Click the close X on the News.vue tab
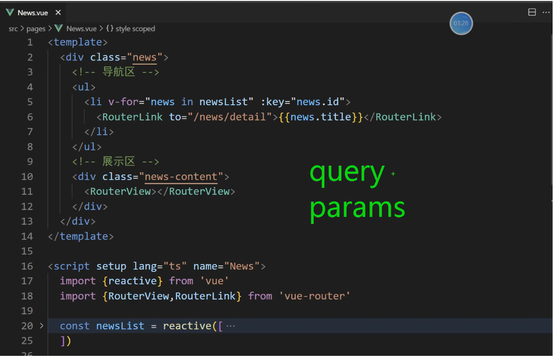(x=58, y=12)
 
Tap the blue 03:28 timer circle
(x=461, y=23)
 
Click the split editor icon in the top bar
(x=532, y=12)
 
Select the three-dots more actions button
(x=546, y=12)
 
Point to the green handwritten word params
(x=357, y=209)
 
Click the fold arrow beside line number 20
(x=42, y=326)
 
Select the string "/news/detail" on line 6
(x=230, y=117)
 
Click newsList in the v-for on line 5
(x=226, y=102)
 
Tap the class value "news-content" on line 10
(x=181, y=176)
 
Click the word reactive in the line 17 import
(x=133, y=281)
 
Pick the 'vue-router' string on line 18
(x=315, y=296)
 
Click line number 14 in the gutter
(x=27, y=236)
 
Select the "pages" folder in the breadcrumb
(x=36, y=29)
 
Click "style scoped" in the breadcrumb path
(x=135, y=29)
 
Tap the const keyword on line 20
(x=75, y=326)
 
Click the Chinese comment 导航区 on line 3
(x=119, y=72)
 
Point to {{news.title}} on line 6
(x=321, y=117)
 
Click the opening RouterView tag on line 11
(x=120, y=191)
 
